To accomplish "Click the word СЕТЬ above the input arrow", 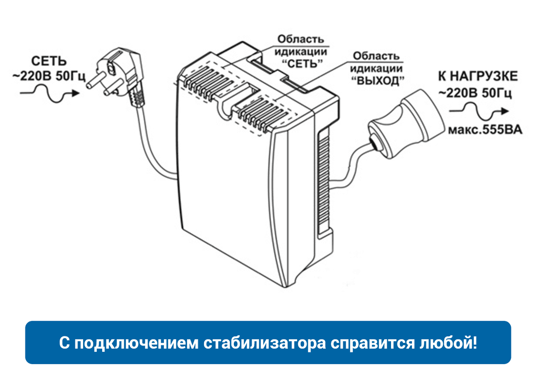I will tap(49, 61).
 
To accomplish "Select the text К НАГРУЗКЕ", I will tap(477, 76).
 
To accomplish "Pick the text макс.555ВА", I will tap(485, 130).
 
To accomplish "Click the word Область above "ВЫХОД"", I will tap(376, 56).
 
